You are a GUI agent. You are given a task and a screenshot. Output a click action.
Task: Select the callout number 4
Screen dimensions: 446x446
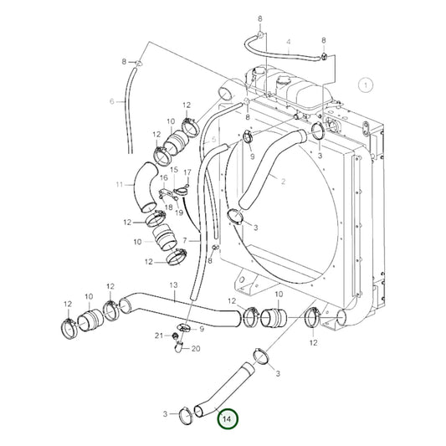(288, 42)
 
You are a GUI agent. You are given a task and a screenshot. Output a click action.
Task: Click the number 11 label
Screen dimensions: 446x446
(120, 184)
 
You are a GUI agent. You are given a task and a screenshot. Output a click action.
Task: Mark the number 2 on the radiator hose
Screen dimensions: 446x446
(284, 182)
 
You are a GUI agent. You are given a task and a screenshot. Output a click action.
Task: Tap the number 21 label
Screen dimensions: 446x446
(159, 336)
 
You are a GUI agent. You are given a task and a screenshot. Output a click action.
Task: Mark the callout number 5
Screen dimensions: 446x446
(214, 139)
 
